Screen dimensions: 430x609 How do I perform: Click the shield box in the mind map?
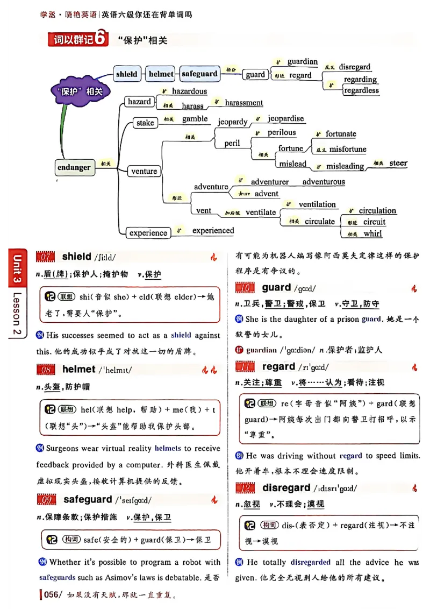pos(127,74)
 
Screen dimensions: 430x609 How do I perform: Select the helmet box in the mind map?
pos(161,74)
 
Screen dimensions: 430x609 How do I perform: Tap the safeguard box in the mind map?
pos(199,74)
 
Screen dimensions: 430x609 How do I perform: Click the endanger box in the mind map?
pos(74,167)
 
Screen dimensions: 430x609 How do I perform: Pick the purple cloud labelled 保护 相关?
pos(80,91)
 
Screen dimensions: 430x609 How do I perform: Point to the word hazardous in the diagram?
pos(189,91)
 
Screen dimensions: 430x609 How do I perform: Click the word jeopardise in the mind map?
pos(285,118)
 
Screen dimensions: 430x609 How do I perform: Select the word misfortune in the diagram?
pos(348,149)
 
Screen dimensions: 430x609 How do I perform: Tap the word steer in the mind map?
pos(398,163)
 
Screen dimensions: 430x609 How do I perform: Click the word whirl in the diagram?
pos(372,233)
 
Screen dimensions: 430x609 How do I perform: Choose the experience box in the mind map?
pos(148,233)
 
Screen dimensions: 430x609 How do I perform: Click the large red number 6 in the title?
pos(102,40)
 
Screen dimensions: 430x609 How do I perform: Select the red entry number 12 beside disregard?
pos(248,488)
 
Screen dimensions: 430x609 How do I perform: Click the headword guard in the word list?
pos(276,288)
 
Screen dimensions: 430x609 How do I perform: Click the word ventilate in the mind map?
pos(261,212)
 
